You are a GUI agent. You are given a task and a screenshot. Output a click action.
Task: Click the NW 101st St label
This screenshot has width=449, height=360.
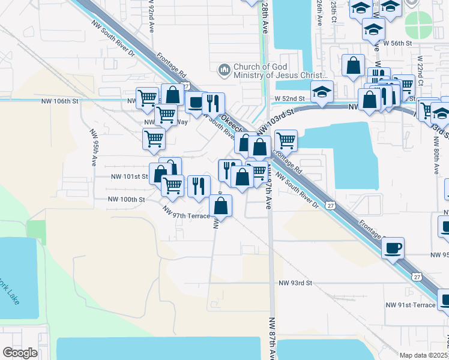point(129,176)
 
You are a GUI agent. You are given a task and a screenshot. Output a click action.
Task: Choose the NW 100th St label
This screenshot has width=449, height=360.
point(126,199)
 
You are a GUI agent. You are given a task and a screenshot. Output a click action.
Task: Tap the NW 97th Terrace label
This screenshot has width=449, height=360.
point(187,212)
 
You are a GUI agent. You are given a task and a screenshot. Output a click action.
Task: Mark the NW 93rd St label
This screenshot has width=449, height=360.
point(296,283)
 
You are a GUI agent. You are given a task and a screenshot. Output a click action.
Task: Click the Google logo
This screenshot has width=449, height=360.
point(20,353)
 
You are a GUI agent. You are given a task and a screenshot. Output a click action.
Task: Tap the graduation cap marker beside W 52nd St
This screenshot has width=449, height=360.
point(322,92)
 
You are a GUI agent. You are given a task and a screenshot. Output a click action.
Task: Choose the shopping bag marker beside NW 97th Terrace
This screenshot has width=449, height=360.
point(221,206)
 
